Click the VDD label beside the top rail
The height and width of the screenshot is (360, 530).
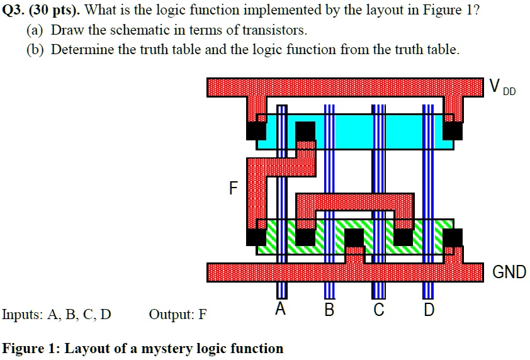click(x=502, y=87)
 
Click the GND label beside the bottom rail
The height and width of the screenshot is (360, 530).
click(x=509, y=272)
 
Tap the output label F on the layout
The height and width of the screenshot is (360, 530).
click(x=234, y=188)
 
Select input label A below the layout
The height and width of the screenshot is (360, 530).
click(x=281, y=309)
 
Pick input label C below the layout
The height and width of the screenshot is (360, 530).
click(x=378, y=309)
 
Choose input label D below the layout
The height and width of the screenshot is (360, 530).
click(x=429, y=309)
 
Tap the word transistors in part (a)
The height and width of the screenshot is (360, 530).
click(x=276, y=30)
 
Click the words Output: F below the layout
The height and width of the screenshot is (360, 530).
click(x=178, y=314)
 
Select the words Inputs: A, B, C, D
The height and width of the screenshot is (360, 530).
click(x=57, y=314)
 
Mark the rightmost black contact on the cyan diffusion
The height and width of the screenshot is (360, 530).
click(x=453, y=130)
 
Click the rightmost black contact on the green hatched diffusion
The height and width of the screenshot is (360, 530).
click(x=453, y=237)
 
